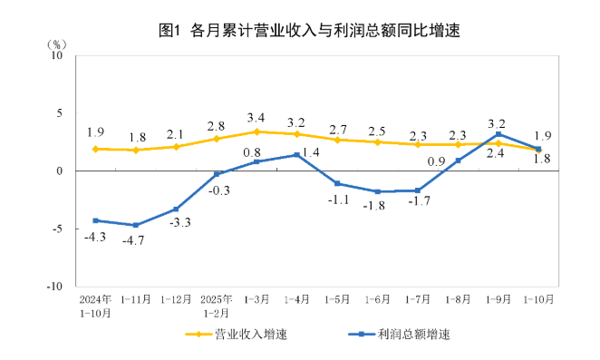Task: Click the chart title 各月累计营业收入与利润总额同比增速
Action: point(309,31)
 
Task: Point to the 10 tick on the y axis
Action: point(54,55)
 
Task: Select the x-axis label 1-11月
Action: point(135,298)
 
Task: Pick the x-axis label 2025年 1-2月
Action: point(217,305)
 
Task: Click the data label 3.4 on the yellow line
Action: point(256,118)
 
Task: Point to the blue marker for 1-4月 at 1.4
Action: point(297,155)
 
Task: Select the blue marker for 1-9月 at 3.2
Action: point(498,134)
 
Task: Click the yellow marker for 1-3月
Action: point(256,131)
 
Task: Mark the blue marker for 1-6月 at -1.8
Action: point(377,191)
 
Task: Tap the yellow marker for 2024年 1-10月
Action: point(95,149)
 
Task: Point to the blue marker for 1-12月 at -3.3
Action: point(176,209)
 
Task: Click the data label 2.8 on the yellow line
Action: point(217,125)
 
